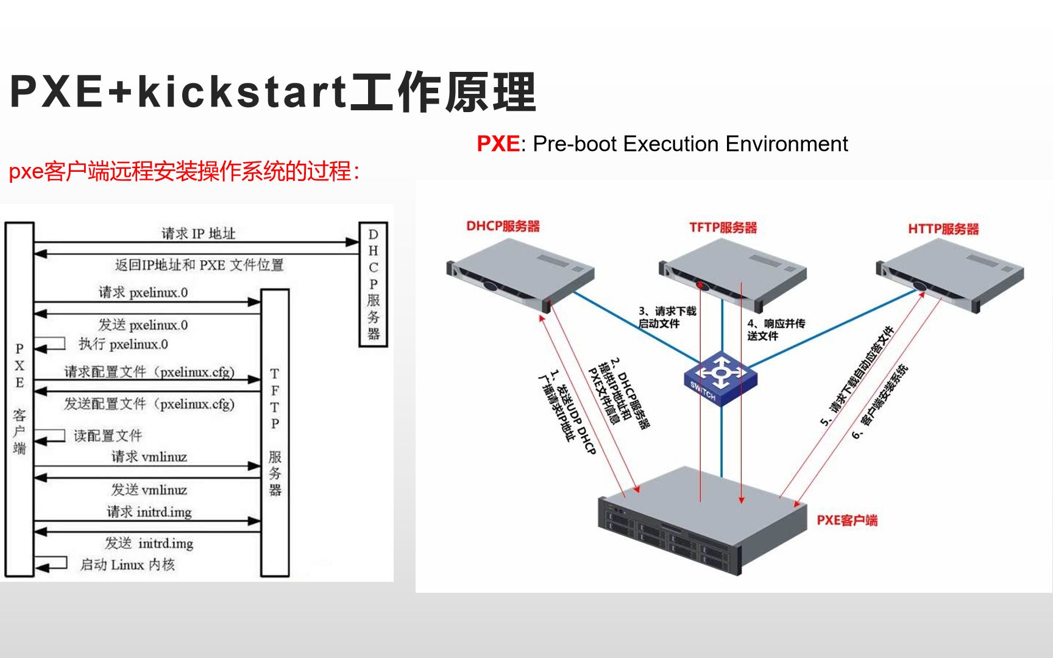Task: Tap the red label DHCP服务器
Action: pos(503,226)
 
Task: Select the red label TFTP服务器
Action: pos(723,227)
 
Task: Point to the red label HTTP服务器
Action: pos(943,229)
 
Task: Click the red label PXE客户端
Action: pos(846,520)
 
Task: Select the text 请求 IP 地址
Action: pos(198,233)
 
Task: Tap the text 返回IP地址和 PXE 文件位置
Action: pos(199,265)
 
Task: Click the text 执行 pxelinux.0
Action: pos(123,344)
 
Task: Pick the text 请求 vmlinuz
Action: pos(149,457)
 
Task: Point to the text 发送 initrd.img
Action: pos(149,543)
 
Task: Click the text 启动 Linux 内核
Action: pos(127,565)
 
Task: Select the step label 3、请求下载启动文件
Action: pos(667,317)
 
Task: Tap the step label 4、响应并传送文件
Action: pos(775,330)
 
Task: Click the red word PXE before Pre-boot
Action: pos(498,144)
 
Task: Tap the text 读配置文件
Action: pos(108,436)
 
